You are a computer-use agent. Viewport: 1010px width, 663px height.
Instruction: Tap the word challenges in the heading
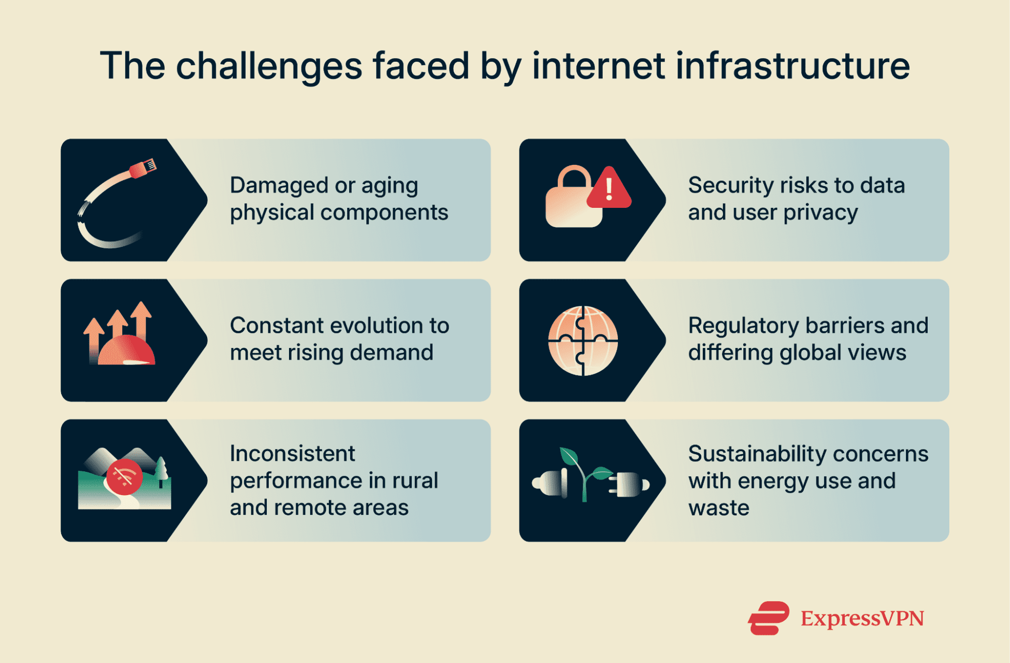pyautogui.click(x=269, y=67)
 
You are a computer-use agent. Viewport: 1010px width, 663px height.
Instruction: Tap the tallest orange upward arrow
pyautogui.click(x=141, y=319)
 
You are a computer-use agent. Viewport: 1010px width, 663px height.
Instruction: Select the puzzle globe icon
pyautogui.click(x=583, y=340)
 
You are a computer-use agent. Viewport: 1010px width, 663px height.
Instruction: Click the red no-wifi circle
pyautogui.click(x=124, y=477)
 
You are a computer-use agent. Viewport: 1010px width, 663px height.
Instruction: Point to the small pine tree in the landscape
pyautogui.click(x=161, y=469)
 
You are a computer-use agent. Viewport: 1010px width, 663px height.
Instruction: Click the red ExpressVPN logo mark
pyautogui.click(x=768, y=617)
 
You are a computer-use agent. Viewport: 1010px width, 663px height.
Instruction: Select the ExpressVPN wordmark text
pyautogui.click(x=862, y=618)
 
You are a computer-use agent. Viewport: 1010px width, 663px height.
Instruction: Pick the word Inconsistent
pyautogui.click(x=293, y=454)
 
